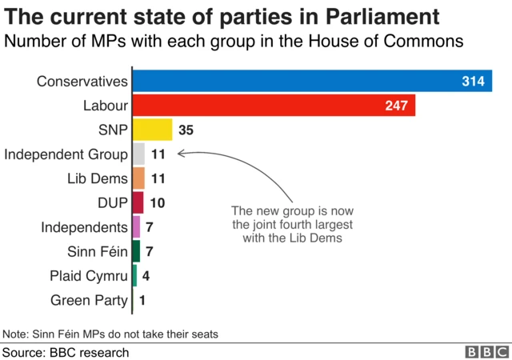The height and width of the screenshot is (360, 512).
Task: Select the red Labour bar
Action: click(273, 106)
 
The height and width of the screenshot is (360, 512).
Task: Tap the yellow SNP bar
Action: click(152, 130)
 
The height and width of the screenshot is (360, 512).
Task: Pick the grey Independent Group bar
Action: click(138, 154)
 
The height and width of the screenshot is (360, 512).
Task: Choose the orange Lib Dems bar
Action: click(138, 178)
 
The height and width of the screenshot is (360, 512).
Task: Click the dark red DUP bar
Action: click(138, 202)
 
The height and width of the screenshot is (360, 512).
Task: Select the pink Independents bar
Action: click(136, 227)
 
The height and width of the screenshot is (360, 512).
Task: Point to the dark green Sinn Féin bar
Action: click(136, 251)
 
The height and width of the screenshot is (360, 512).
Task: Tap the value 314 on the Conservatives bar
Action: click(474, 82)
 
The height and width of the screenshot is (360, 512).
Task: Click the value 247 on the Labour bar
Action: click(397, 106)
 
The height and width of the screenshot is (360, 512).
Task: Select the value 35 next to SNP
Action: click(186, 130)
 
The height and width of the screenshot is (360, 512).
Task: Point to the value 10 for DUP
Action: click(157, 202)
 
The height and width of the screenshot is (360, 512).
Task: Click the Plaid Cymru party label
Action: click(88, 276)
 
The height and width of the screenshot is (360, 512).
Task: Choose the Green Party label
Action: click(88, 300)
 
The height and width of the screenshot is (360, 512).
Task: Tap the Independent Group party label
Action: click(66, 154)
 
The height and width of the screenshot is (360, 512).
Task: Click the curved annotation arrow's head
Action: click(181, 154)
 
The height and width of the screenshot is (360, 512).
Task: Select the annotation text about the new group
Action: click(286, 225)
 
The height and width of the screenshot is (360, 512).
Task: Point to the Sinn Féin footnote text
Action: click(110, 333)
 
